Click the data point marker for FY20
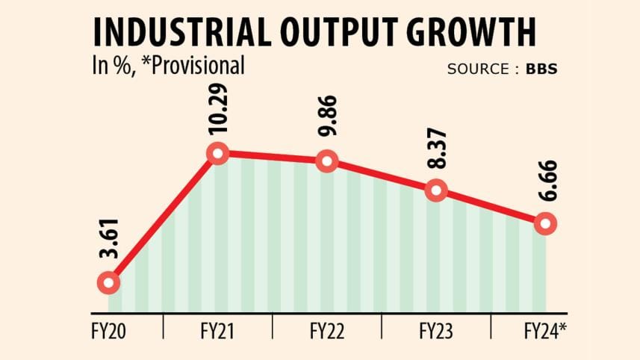pyautogui.click(x=108, y=283)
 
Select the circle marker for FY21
pyautogui.click(x=217, y=154)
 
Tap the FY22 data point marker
pyautogui.click(x=326, y=161)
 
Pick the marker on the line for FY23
pyautogui.click(x=436, y=190)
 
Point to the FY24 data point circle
pyautogui.click(x=545, y=223)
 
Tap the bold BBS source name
pyautogui.click(x=541, y=69)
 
